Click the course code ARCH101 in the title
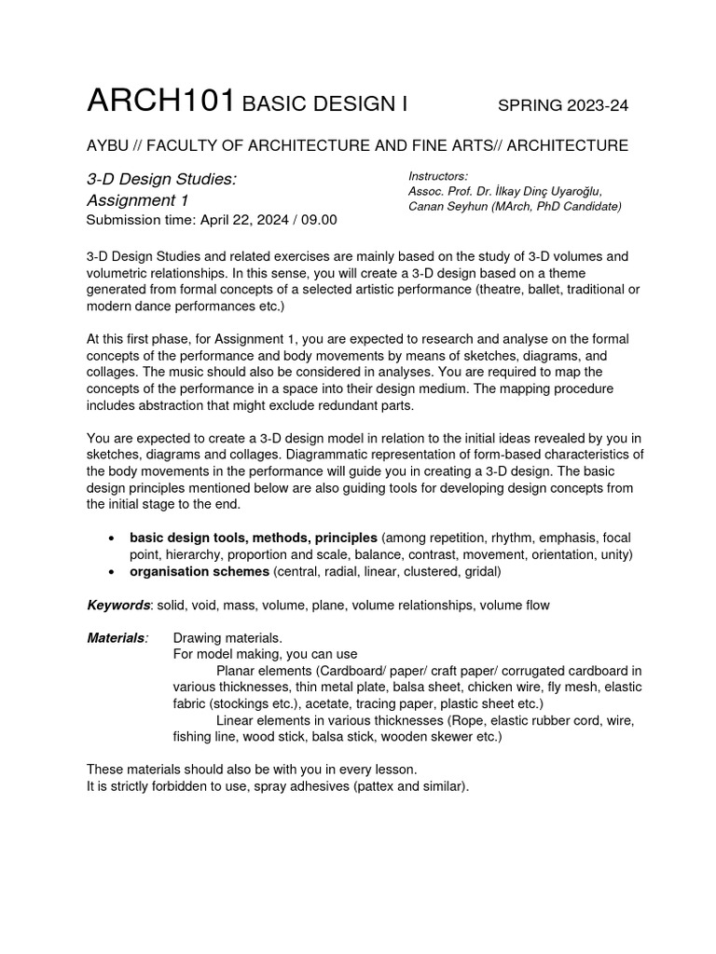(159, 102)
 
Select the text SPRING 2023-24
(563, 105)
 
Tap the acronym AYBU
(108, 145)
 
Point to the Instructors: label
(438, 176)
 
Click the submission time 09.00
(318, 220)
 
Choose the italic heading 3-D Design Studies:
(161, 178)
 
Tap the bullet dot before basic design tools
(112, 538)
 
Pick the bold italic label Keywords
(118, 605)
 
